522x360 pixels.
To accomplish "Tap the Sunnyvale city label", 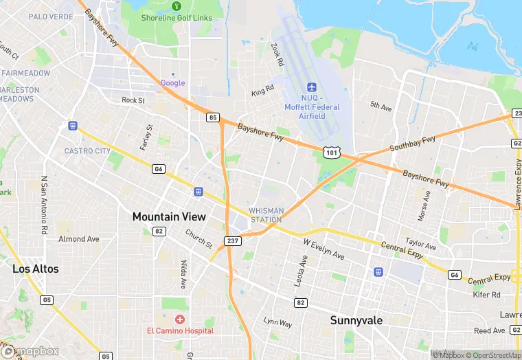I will pos(356,320).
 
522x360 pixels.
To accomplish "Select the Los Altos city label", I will pos(36,269).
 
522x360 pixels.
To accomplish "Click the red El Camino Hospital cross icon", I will pos(180,319).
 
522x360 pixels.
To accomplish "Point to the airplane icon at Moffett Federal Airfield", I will pos(312,87).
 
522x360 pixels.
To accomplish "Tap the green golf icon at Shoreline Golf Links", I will pos(177,6).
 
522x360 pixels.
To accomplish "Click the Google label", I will pos(172,83).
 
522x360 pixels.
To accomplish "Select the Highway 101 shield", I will pos(332,151).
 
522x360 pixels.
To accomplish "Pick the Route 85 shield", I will pos(213,117).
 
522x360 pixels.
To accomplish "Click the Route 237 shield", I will pos(232,240).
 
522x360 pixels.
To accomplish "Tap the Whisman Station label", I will pos(265,215).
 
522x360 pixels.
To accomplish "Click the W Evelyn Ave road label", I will pos(324,248).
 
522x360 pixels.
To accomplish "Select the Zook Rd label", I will pos(277,54).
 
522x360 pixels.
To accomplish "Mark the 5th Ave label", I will pos(380,106).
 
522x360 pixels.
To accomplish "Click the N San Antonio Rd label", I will pos(43,204).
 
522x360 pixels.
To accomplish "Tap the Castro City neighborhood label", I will pos(87,150).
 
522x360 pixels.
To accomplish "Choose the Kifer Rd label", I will pos(486,294).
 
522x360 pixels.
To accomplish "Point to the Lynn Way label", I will pos(278,322).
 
